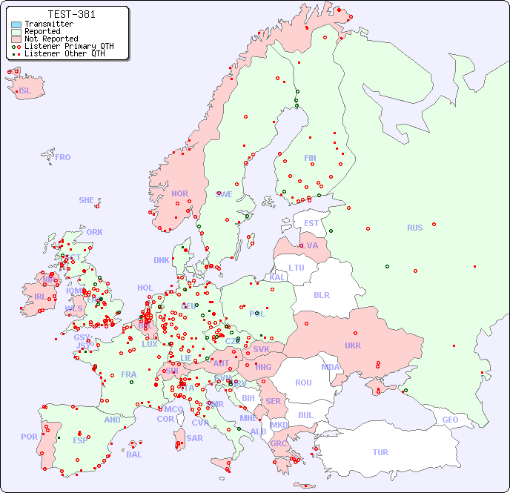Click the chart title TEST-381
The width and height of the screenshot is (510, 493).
click(x=71, y=14)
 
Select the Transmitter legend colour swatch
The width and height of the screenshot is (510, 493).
click(x=16, y=24)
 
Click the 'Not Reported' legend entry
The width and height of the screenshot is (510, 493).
click(x=50, y=39)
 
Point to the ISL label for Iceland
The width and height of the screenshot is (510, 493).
click(x=25, y=91)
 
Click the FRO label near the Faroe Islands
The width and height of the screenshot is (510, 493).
click(x=63, y=157)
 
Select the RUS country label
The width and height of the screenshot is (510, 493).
click(x=414, y=228)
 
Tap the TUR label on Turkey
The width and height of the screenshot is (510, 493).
click(x=380, y=452)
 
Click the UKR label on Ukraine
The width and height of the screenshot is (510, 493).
click(x=353, y=345)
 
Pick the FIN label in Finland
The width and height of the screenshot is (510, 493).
click(x=310, y=158)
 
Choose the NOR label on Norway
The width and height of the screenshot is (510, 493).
click(x=179, y=193)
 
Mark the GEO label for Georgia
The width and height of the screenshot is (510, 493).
click(x=450, y=420)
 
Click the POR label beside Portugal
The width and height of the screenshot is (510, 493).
click(x=29, y=437)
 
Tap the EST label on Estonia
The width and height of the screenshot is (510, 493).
click(x=311, y=223)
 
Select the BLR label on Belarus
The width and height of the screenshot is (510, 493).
click(x=321, y=294)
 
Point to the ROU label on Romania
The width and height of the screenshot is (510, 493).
click(x=303, y=383)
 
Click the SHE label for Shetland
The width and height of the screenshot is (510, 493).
click(x=87, y=200)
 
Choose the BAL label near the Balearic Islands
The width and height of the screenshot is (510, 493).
click(x=133, y=454)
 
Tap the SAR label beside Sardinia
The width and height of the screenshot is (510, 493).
click(x=194, y=438)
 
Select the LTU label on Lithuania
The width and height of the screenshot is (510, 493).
click(x=297, y=268)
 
